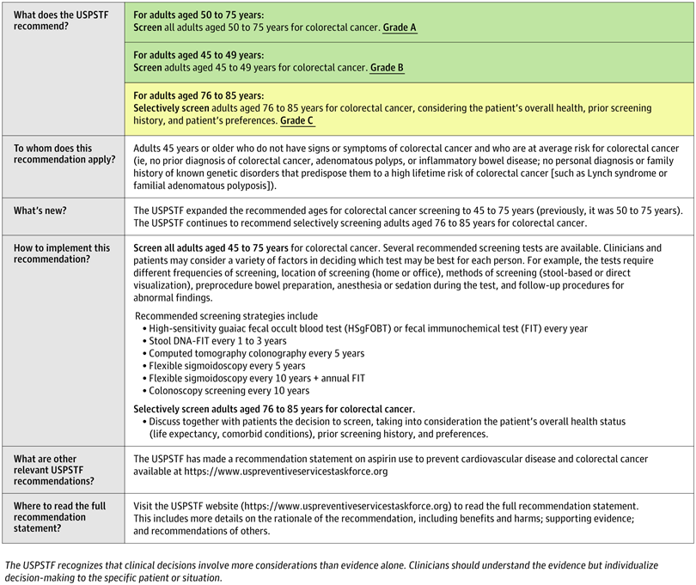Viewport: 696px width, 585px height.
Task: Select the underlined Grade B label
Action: [387, 68]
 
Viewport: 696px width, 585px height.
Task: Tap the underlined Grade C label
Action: [297, 121]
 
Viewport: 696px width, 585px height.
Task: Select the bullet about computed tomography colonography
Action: [256, 353]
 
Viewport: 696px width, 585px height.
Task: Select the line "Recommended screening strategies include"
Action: [226, 316]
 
